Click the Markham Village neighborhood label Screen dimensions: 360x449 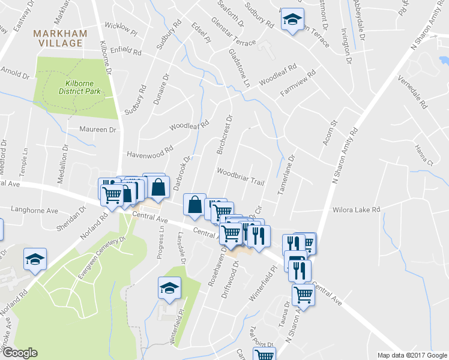click(x=59, y=38)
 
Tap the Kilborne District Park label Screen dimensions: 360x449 click(x=79, y=88)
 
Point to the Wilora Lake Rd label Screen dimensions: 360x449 click(x=357, y=209)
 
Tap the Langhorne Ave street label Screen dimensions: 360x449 click(x=35, y=211)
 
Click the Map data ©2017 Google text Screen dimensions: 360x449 click(x=412, y=355)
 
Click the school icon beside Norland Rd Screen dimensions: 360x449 click(x=35, y=259)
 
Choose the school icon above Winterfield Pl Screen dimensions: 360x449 click(x=169, y=289)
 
